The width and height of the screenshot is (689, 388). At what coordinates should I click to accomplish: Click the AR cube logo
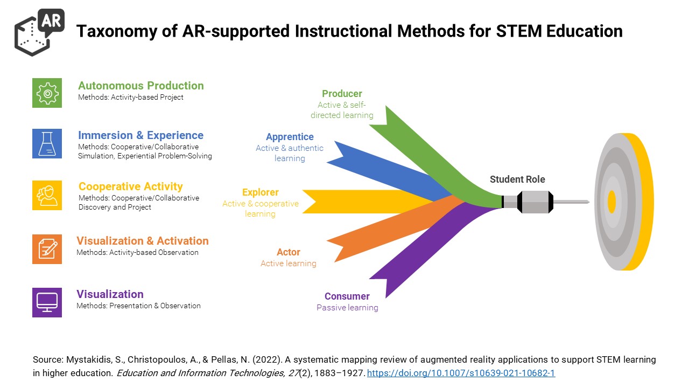point(39,32)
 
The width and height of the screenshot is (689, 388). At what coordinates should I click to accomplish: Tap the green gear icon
point(47,93)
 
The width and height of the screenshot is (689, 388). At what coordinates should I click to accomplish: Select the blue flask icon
point(47,143)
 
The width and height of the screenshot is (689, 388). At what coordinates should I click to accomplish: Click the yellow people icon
point(47,195)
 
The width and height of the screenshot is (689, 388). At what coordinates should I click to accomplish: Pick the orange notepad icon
point(47,249)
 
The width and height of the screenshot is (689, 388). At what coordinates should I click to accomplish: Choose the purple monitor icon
point(47,302)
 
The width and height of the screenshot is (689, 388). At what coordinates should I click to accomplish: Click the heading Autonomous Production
point(141,86)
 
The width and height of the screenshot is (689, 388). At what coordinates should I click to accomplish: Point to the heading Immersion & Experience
point(140,135)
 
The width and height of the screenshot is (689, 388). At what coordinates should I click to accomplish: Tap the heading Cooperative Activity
point(131,186)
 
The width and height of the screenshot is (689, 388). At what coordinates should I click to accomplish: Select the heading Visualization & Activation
point(143,241)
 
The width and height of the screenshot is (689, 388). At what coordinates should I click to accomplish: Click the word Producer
point(342,94)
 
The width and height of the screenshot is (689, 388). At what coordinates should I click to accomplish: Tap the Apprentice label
point(290,137)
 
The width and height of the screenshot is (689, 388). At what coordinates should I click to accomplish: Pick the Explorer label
point(260,192)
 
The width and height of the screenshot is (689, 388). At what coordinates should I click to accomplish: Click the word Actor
point(288,252)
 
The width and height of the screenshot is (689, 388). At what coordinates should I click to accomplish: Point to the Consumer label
point(347,296)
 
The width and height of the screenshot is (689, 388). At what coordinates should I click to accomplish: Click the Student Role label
point(517,179)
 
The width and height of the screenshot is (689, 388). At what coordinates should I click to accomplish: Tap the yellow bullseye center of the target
point(611,202)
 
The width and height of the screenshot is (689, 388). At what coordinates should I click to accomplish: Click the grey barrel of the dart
point(535,202)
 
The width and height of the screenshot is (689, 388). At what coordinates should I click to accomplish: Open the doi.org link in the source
point(461,373)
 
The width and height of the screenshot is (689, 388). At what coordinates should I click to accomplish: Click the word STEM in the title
point(519,31)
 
